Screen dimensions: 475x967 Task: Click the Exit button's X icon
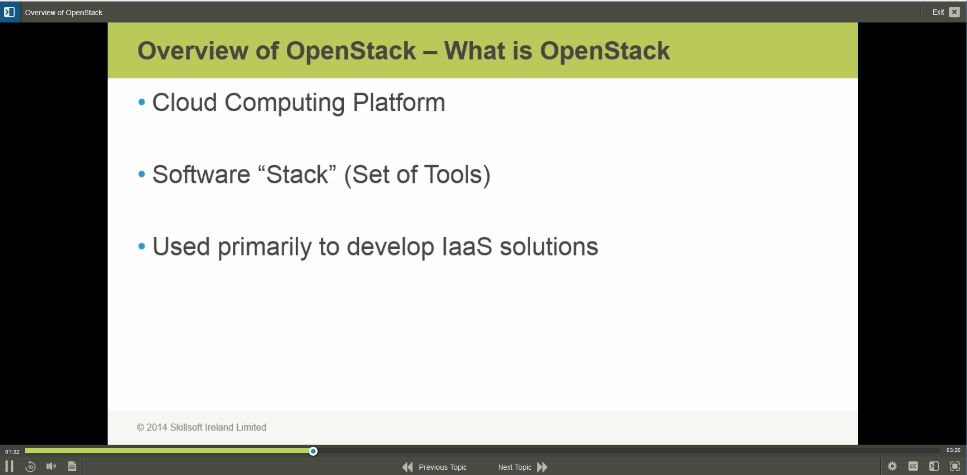[x=954, y=12]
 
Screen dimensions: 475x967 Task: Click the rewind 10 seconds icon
[x=30, y=466]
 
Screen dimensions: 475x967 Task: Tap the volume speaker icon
[x=51, y=466]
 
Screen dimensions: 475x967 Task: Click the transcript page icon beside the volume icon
[x=72, y=466]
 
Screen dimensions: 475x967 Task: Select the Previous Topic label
[x=442, y=467]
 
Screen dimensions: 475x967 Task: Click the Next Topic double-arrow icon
[x=542, y=467]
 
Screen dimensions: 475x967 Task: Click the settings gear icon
[x=892, y=466]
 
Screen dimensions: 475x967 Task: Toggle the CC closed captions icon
[x=913, y=466]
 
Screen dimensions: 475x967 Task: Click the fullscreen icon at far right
[x=955, y=466]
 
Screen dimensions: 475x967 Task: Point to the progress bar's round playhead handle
[x=313, y=451]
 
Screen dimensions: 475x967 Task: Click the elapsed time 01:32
[x=12, y=451]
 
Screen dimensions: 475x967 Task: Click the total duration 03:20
[x=953, y=450]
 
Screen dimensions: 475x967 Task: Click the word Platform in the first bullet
[x=399, y=102]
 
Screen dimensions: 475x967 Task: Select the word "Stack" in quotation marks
[x=297, y=175]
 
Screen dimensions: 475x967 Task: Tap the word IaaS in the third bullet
[x=467, y=247]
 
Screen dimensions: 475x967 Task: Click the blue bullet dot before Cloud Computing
[x=142, y=102]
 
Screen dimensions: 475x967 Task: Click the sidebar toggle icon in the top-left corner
[x=9, y=11]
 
